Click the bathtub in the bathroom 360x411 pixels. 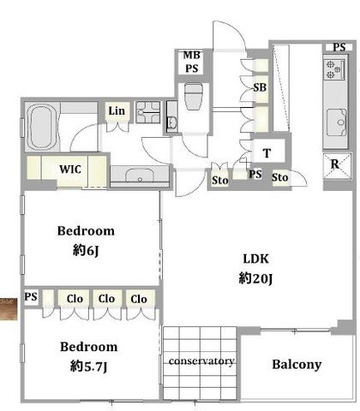41,127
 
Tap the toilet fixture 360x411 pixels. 194,96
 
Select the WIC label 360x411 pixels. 70,170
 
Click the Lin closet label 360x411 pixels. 117,110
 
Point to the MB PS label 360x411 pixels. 192,62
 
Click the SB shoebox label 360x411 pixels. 260,87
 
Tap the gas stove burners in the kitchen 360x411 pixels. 334,69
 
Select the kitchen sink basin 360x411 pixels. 337,122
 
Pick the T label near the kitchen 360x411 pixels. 267,153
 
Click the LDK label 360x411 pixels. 255,259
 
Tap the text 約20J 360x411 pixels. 255,278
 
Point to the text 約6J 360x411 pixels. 86,251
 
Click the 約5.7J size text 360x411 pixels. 88,366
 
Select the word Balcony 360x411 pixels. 297,365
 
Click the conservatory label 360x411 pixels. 201,361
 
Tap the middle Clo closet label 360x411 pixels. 106,299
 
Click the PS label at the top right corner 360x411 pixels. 339,47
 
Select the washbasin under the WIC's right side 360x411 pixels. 140,176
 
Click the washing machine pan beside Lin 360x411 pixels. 147,112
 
